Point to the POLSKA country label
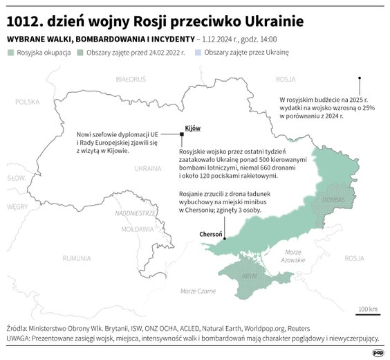(28, 101)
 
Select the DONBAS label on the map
(334, 199)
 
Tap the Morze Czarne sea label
(198, 291)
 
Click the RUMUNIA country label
(77, 258)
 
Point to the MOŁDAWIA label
(136, 228)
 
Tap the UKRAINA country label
(147, 168)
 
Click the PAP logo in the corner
(378, 352)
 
